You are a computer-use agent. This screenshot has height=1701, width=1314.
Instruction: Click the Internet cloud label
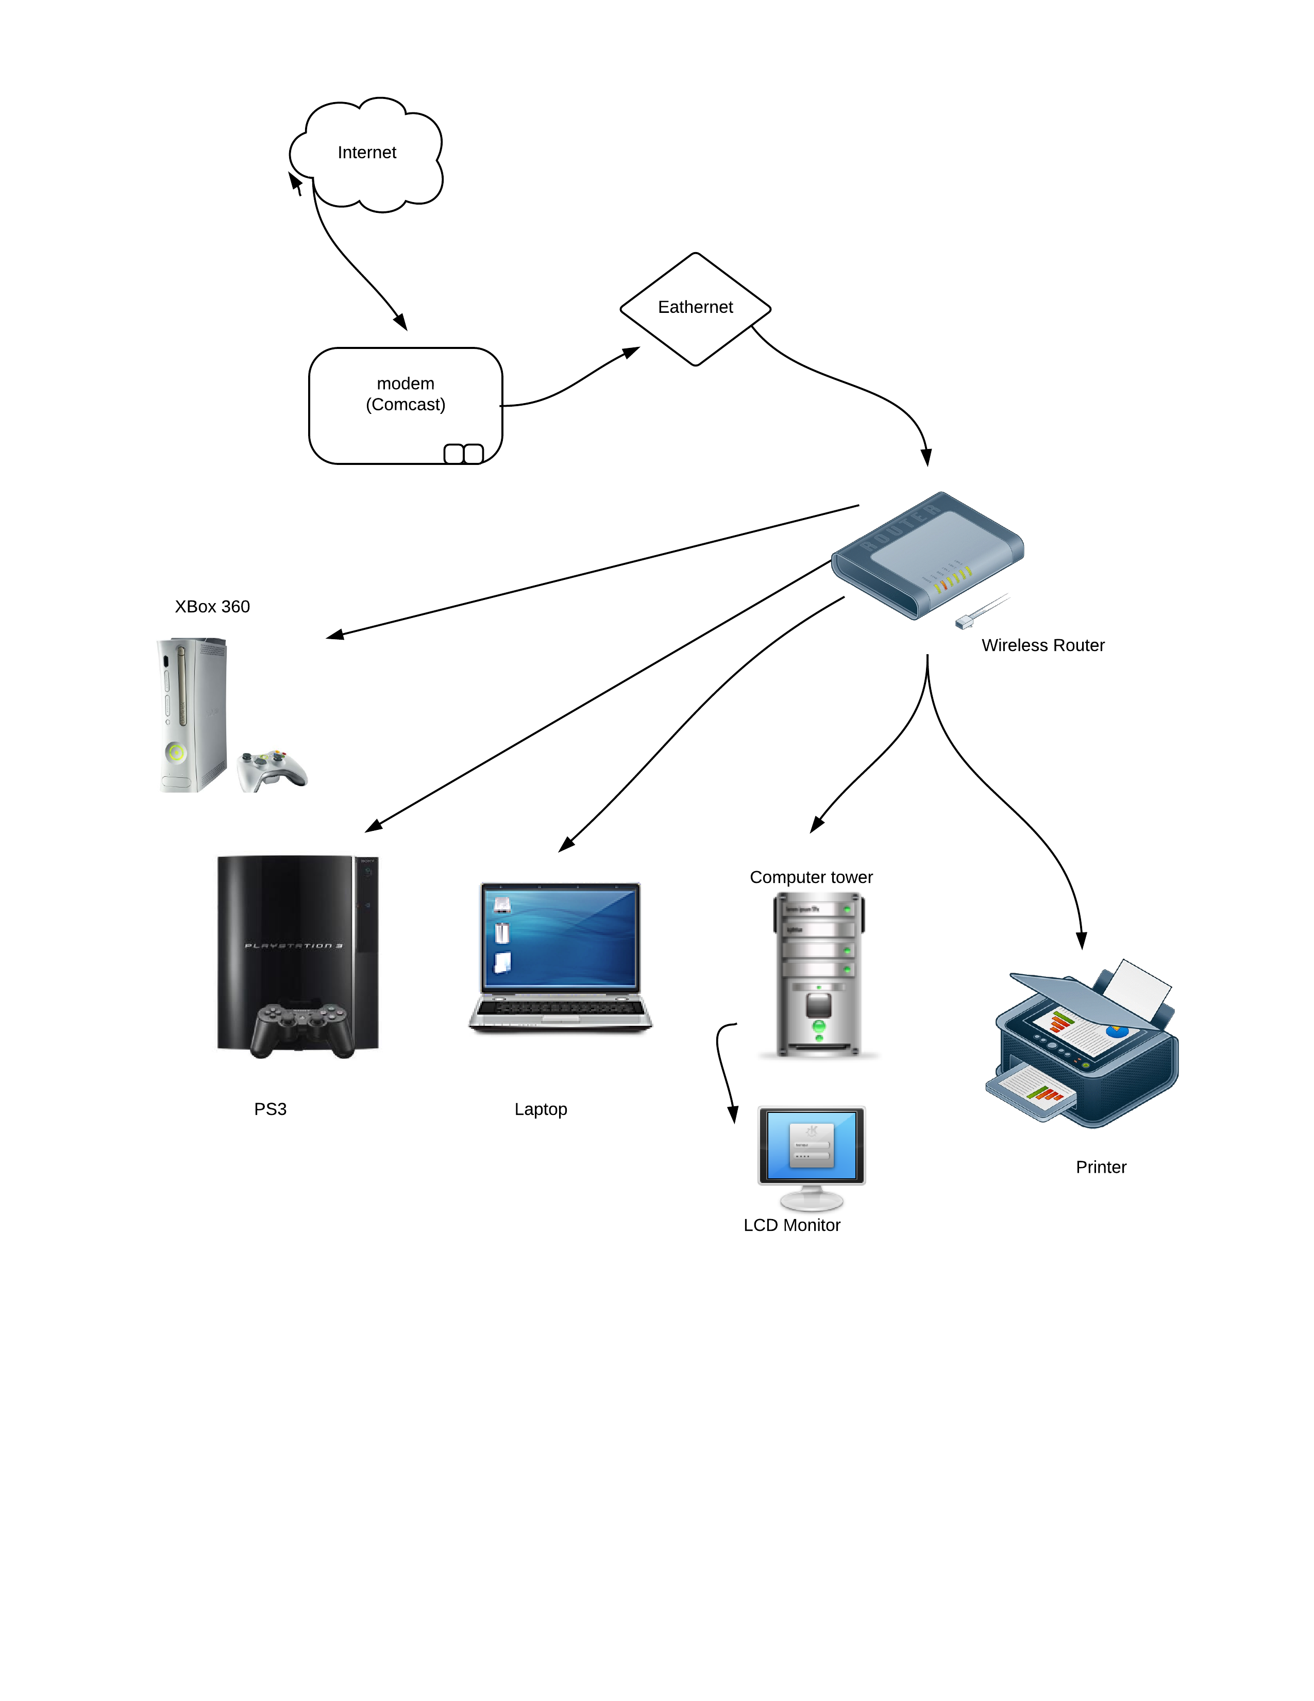click(367, 153)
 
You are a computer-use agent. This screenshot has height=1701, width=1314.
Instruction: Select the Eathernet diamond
click(695, 308)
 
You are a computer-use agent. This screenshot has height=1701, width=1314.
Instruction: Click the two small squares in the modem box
click(464, 453)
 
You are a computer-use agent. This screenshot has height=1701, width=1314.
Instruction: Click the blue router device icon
click(926, 555)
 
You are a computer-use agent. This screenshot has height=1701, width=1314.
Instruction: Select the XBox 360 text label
click(212, 607)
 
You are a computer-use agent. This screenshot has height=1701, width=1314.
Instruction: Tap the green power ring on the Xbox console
click(177, 753)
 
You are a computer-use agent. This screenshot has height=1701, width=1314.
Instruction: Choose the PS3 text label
click(270, 1109)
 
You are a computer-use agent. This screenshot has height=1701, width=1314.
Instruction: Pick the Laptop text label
click(540, 1109)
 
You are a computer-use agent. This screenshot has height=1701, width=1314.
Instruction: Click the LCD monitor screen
click(811, 1145)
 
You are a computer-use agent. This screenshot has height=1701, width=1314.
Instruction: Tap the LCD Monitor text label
click(791, 1225)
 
